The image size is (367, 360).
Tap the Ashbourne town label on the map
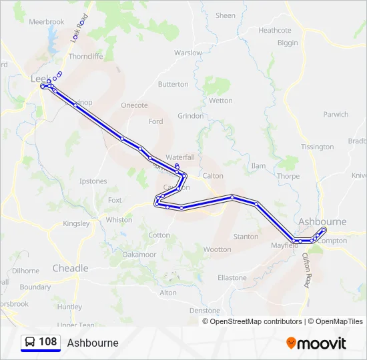(323, 221)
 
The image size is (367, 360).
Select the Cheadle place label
(70, 268)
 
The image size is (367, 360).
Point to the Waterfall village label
(180, 157)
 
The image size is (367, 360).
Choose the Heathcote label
(275, 31)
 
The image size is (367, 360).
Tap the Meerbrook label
(47, 22)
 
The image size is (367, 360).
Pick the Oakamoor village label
(139, 255)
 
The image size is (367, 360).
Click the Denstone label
(204, 311)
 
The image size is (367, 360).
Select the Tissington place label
(317, 147)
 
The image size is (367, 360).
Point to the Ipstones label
(93, 181)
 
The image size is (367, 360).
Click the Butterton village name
(173, 85)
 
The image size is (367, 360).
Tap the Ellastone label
(232, 277)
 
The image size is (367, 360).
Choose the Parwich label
(336, 115)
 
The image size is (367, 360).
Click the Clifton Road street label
(306, 270)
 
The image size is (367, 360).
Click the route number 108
(47, 342)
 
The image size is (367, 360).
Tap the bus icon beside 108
(30, 342)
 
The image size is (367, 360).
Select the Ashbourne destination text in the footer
(93, 343)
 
